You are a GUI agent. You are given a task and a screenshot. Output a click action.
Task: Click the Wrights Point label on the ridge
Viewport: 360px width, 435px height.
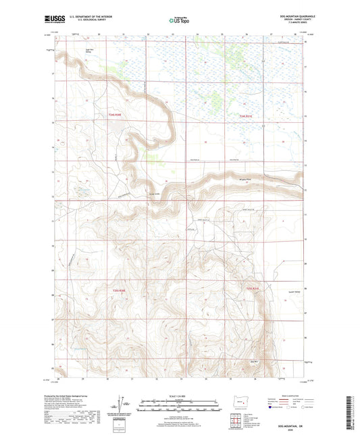click(247, 180)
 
